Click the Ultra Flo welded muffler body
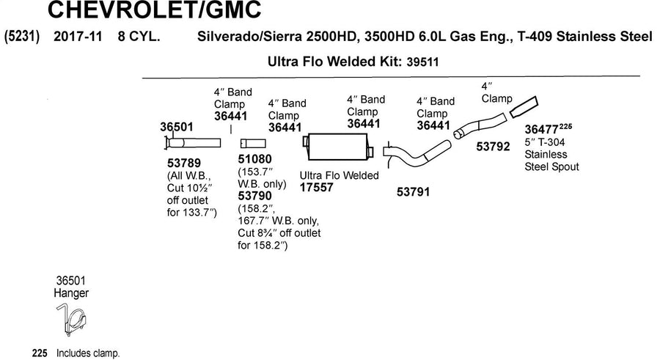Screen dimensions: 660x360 pos(337,147)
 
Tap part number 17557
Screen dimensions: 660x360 pos(316,188)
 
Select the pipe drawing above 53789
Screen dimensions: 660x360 pos(192,143)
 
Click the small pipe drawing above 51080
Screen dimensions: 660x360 pos(253,144)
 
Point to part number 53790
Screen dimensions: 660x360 pos(254,196)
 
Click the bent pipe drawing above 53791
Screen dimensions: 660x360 pos(417,155)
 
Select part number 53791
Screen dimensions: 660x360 pos(414,192)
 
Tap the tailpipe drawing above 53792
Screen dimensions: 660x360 pos(480,125)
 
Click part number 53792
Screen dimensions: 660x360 pos(493,147)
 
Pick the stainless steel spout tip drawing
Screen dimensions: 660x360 pos(524,107)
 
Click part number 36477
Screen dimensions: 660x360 pos(541,130)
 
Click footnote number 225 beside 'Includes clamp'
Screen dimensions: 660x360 pos(40,353)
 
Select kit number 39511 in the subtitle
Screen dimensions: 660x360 pos(422,62)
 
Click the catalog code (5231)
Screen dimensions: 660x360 pos(21,36)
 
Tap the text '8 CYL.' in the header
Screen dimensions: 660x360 pos(139,36)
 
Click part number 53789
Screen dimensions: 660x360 pos(184,163)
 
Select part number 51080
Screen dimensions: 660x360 pos(254,159)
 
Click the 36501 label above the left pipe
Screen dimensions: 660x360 pos(176,127)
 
